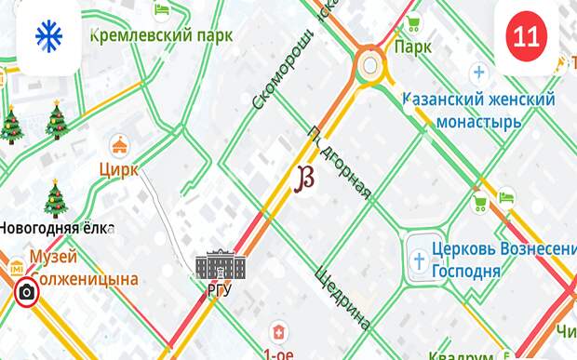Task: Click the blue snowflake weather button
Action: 47,36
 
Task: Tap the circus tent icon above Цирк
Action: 119,145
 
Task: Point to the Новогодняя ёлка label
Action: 56,228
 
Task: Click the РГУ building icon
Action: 220,264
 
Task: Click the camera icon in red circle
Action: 28,293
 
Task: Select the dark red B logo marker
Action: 303,180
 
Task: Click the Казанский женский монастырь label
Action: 478,109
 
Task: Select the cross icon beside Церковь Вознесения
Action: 420,256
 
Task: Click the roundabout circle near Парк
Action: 370,65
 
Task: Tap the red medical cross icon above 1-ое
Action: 277,331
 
